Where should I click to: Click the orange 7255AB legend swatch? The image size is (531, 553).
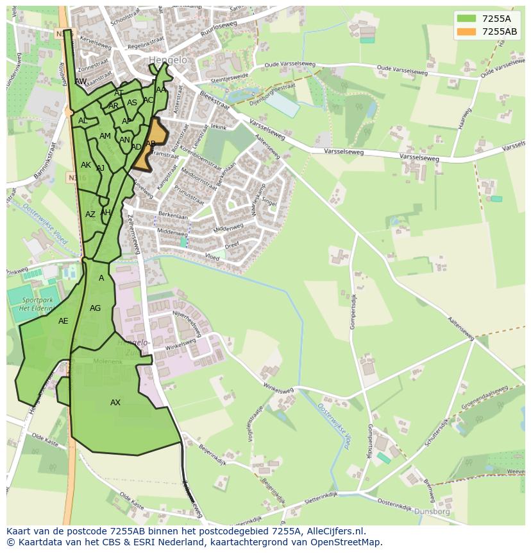click(466, 31)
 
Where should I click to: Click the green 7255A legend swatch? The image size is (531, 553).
click(466, 19)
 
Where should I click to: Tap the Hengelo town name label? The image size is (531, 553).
click(168, 60)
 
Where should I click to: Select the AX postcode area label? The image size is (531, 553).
click(115, 403)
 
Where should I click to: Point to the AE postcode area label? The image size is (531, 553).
click(63, 321)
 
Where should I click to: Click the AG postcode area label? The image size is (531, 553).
click(96, 308)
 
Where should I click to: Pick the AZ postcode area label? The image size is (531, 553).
click(90, 215)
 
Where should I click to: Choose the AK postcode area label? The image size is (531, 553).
click(86, 165)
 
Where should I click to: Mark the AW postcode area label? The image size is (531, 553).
click(81, 82)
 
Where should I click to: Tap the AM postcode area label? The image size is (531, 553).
click(105, 136)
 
